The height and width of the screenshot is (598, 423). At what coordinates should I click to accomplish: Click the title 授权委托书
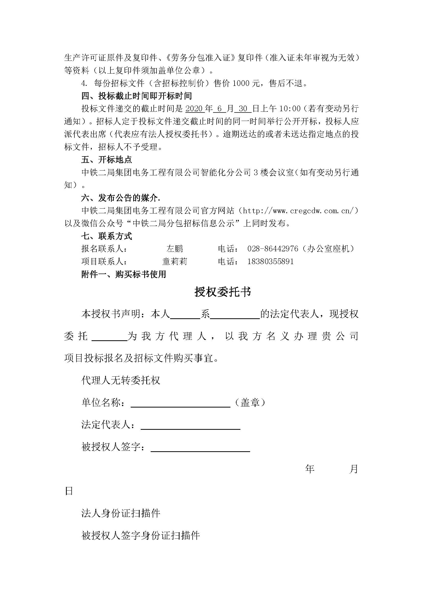tap(223, 292)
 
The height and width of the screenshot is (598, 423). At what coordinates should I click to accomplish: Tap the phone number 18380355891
tap(270, 262)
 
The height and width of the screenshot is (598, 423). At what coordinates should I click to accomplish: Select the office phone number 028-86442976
tap(272, 249)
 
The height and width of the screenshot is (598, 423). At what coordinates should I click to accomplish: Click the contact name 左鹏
tap(175, 249)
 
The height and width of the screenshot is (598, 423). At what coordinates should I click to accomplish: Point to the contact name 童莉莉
tap(174, 262)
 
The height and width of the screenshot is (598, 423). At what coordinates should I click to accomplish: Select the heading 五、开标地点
tap(107, 160)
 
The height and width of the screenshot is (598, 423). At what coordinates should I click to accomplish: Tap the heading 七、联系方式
tap(107, 236)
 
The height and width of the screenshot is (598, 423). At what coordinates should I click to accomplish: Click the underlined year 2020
tap(195, 109)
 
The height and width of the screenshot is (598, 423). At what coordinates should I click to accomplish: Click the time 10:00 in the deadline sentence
tap(290, 109)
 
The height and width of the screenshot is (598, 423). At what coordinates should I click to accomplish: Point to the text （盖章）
tap(250, 403)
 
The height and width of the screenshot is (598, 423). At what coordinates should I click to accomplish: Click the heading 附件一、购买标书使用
tap(124, 275)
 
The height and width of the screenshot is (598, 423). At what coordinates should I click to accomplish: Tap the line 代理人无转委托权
tap(121, 381)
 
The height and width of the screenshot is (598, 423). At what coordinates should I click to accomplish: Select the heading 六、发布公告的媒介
tap(121, 198)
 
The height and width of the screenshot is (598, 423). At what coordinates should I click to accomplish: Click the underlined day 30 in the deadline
tap(243, 109)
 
